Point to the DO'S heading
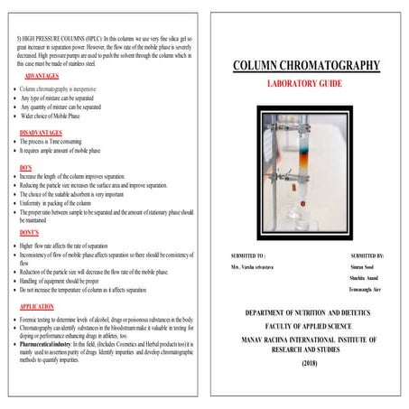pyautogui.click(x=27, y=166)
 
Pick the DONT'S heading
pyautogui.click(x=30, y=233)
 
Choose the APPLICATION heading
pyautogui.click(x=38, y=307)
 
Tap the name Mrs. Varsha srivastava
pyautogui.click(x=255, y=268)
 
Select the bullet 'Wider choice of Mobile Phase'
pyautogui.click(x=60, y=116)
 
